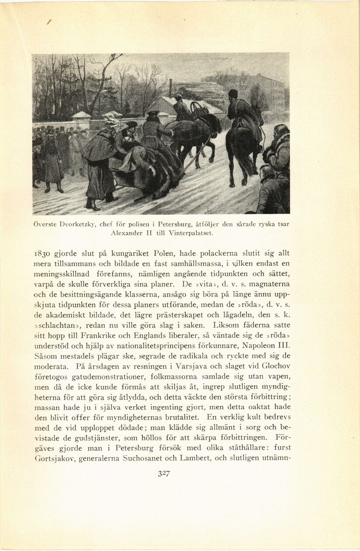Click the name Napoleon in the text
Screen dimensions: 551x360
pyautogui.click(x=262, y=345)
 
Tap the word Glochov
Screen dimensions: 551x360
pyautogui.click(x=276, y=366)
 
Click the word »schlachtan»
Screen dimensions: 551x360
pyautogui.click(x=55, y=325)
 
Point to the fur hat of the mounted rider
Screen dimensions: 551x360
pyautogui.click(x=233, y=93)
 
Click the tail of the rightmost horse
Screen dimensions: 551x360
pyautogui.click(x=250, y=157)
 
